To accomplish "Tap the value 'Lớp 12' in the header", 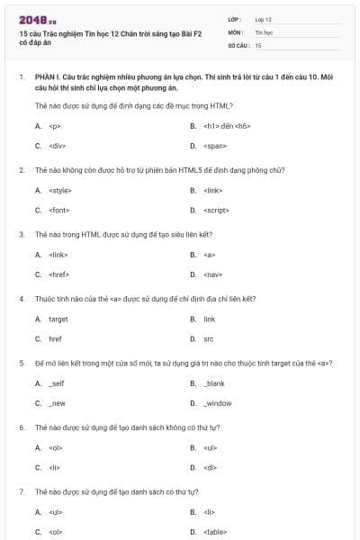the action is point(263,19).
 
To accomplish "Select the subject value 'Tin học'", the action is point(263,31).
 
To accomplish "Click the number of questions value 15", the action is point(258,44).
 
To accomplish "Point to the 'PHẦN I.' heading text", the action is point(48,78).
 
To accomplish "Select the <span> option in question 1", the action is point(214,145).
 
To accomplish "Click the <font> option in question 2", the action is point(58,210).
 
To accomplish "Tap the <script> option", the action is point(216,210).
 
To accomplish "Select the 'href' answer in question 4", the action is point(55,338).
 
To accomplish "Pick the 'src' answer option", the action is point(209,338).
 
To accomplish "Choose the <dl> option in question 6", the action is point(211,467).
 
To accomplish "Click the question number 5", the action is point(21,363).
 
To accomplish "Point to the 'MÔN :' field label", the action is point(235,31).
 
